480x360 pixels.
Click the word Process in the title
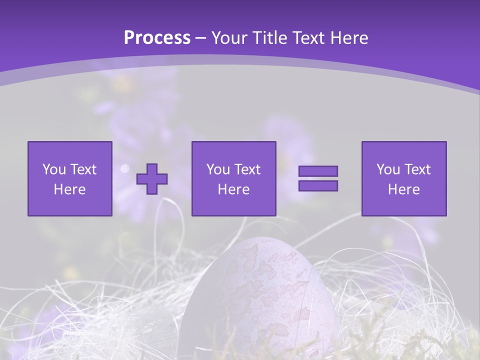[x=157, y=37]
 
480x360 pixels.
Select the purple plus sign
[x=152, y=178]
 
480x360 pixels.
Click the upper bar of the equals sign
[x=318, y=171]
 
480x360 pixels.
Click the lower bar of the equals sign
[x=318, y=186]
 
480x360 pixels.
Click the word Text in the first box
[x=83, y=169]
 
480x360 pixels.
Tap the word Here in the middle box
[x=233, y=189]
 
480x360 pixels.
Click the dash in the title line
[x=201, y=38]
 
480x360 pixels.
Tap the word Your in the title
[x=229, y=37]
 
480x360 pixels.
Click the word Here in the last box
[x=403, y=189]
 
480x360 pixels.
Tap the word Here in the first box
[x=69, y=189]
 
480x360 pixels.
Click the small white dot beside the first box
[x=125, y=168]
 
